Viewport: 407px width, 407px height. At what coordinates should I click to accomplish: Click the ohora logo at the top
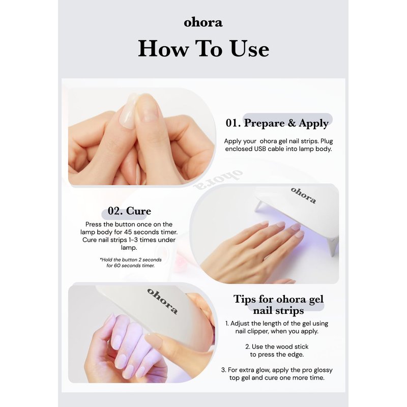tap(203, 22)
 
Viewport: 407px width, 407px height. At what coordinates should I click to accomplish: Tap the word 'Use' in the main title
tap(249, 48)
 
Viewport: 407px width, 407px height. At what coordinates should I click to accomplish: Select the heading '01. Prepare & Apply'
tap(277, 123)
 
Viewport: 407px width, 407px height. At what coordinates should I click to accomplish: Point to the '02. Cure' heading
tap(129, 211)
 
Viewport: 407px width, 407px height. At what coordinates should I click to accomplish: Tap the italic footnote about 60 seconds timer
tap(131, 263)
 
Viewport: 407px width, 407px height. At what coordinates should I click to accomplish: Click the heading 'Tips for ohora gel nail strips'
tap(278, 304)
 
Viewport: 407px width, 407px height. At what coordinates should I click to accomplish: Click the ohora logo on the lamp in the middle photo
tap(303, 195)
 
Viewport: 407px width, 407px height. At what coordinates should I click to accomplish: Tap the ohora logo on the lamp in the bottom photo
tap(162, 301)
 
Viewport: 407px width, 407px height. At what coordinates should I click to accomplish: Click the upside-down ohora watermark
tap(219, 180)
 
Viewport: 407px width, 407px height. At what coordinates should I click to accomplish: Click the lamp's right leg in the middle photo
tap(333, 247)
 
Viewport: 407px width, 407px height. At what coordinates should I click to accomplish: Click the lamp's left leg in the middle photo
tap(259, 207)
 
